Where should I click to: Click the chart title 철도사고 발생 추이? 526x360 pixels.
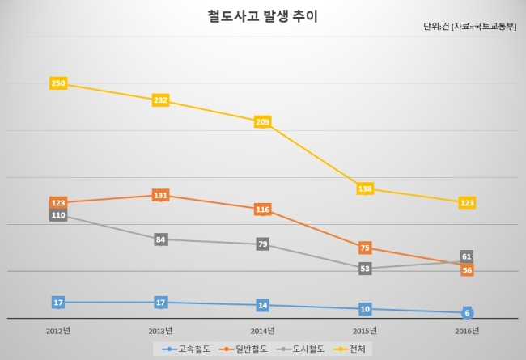pyautogui.click(x=262, y=17)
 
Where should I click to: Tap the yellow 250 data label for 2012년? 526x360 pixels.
pyautogui.click(x=58, y=83)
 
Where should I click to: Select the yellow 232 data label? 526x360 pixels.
pyautogui.click(x=161, y=100)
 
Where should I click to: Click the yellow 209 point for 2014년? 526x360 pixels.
pyautogui.click(x=263, y=122)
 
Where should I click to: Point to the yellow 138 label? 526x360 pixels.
pyautogui.click(x=365, y=188)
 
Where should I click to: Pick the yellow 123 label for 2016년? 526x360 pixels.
pyautogui.click(x=467, y=202)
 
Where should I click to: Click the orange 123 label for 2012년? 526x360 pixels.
pyautogui.click(x=58, y=202)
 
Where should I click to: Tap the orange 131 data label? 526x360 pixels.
pyautogui.click(x=161, y=195)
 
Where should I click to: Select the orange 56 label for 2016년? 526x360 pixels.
pyautogui.click(x=467, y=270)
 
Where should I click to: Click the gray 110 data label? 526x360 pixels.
pyautogui.click(x=58, y=214)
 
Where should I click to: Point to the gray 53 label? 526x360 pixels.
pyautogui.click(x=365, y=269)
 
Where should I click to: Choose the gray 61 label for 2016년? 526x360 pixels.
pyautogui.click(x=467, y=256)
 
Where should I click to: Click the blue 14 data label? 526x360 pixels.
pyautogui.click(x=263, y=305)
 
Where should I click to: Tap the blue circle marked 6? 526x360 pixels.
pyautogui.click(x=467, y=313)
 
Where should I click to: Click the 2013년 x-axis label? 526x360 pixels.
pyautogui.click(x=160, y=331)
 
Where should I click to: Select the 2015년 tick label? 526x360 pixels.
pyautogui.click(x=365, y=331)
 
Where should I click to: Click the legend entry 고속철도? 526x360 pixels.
pyautogui.click(x=186, y=349)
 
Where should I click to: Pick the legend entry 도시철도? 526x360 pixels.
pyautogui.click(x=300, y=349)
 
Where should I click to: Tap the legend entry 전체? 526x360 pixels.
pyautogui.click(x=350, y=349)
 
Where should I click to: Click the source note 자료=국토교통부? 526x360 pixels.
pyautogui.click(x=484, y=27)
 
